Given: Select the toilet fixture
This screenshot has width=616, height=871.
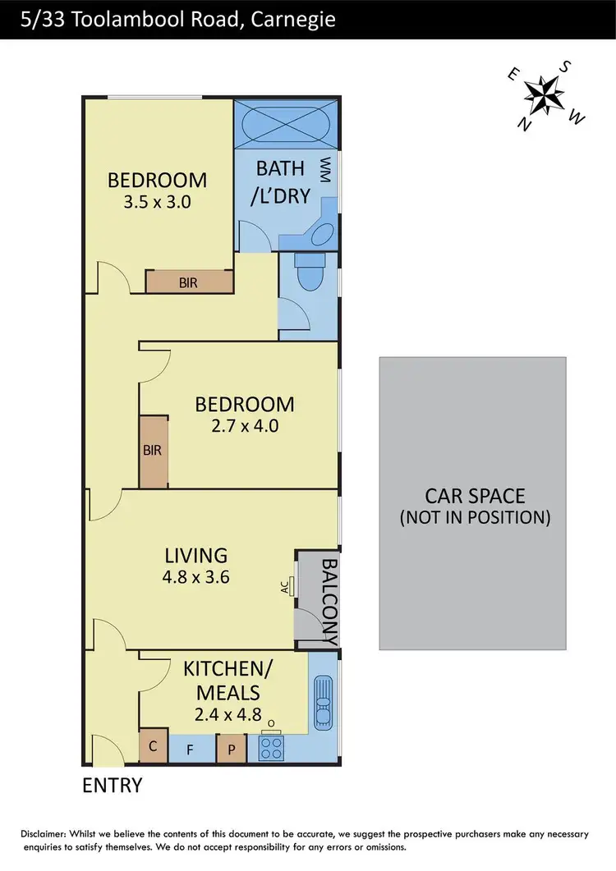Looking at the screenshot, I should tap(310, 275).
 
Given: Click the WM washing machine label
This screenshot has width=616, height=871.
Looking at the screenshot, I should tap(326, 170).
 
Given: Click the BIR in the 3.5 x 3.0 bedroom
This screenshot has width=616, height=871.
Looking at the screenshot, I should tap(188, 282).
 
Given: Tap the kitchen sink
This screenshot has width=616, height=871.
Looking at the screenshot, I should tap(323, 702).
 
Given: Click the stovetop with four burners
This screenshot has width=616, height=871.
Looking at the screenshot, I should tap(271, 747).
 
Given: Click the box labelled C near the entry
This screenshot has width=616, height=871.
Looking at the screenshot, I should tap(153, 747).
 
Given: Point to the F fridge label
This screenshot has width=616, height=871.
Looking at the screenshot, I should tap(191, 749).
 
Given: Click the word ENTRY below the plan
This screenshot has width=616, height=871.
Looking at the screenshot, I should tap(113, 786).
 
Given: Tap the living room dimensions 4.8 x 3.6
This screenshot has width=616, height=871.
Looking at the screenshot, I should tap(195, 576).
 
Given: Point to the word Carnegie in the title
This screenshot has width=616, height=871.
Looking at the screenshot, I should tap(285, 18).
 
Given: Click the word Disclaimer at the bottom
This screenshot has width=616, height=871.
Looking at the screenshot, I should tap(44, 834).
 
